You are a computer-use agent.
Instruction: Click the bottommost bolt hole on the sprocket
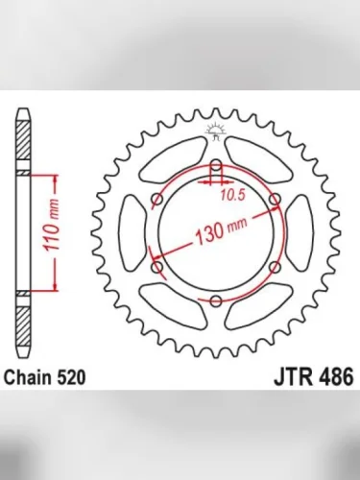(x=216, y=300)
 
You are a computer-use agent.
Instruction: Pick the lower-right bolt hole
(x=275, y=267)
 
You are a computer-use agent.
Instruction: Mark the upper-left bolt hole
(x=157, y=200)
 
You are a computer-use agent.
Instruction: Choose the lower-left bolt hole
(x=157, y=267)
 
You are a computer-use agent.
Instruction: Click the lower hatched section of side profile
(x=23, y=318)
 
